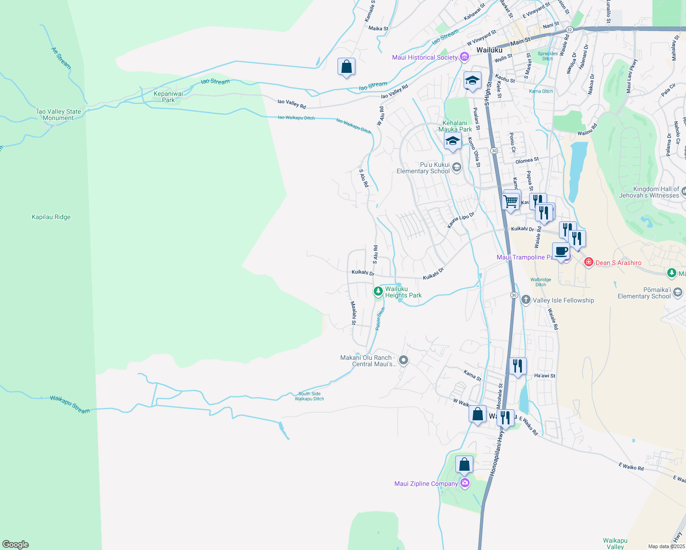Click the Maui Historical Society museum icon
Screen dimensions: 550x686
click(465, 57)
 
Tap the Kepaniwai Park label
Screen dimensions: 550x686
click(168, 97)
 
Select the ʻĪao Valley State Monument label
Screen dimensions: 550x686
click(59, 115)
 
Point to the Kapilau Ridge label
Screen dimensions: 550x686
click(51, 217)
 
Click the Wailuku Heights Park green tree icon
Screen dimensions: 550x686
click(378, 291)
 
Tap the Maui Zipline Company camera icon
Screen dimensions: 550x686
click(465, 483)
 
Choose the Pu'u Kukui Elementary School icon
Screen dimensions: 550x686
click(456, 167)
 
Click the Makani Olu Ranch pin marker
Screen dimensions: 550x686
click(404, 360)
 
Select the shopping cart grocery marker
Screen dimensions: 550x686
click(511, 201)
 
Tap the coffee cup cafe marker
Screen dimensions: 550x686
click(561, 252)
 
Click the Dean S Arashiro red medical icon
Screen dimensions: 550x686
click(589, 262)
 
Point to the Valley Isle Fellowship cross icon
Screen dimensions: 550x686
click(526, 300)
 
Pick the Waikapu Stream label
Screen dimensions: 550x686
click(70, 404)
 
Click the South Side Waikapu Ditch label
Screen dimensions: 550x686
click(310, 396)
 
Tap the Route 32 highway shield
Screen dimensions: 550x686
click(570, 29)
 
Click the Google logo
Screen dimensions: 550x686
click(16, 544)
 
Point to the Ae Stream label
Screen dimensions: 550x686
click(61, 58)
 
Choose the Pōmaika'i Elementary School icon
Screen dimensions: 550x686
click(678, 292)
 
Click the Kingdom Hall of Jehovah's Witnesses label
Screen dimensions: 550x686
click(656, 192)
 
